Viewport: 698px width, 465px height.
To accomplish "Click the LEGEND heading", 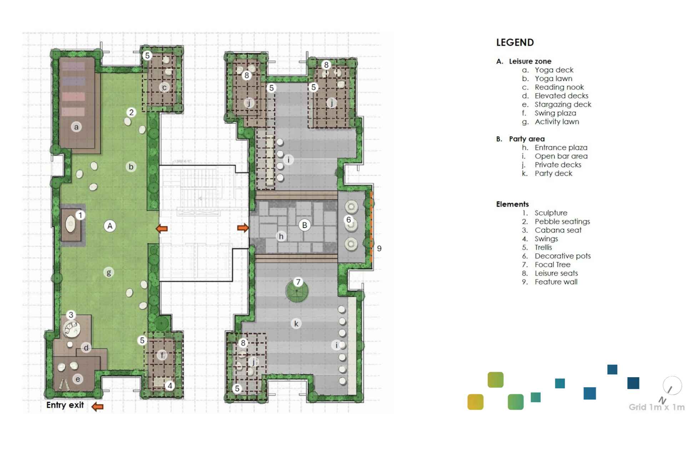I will pos(515,42).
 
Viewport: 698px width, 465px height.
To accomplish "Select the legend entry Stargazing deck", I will pos(563,105).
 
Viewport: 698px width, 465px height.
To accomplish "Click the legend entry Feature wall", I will pos(556,282).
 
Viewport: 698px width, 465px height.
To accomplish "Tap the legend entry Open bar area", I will pos(561,156).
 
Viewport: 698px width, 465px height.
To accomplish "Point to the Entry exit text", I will pos(65,405).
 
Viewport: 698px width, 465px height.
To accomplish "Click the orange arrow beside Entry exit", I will pos(97,406).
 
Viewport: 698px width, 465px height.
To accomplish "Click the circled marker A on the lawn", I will pos(110,226).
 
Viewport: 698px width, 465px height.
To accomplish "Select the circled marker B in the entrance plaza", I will pos(305,225).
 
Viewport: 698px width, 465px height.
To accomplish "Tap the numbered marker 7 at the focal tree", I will pos(298,282).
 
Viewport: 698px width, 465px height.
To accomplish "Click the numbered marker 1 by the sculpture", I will pos(80,215).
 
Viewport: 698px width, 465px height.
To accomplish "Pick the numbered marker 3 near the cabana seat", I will pos(71,315).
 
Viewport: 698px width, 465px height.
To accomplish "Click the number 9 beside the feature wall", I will pos(379,249).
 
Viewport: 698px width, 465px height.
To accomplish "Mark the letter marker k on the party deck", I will pos(296,324).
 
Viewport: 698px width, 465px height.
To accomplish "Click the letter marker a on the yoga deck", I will pos(76,127).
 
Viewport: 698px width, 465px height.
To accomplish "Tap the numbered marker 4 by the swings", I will pos(170,385).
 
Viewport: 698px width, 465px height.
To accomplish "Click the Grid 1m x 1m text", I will pos(656,407).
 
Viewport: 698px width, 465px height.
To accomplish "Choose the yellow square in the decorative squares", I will pos(475,402).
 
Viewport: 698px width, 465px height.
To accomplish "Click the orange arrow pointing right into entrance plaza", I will pos(243,228).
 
